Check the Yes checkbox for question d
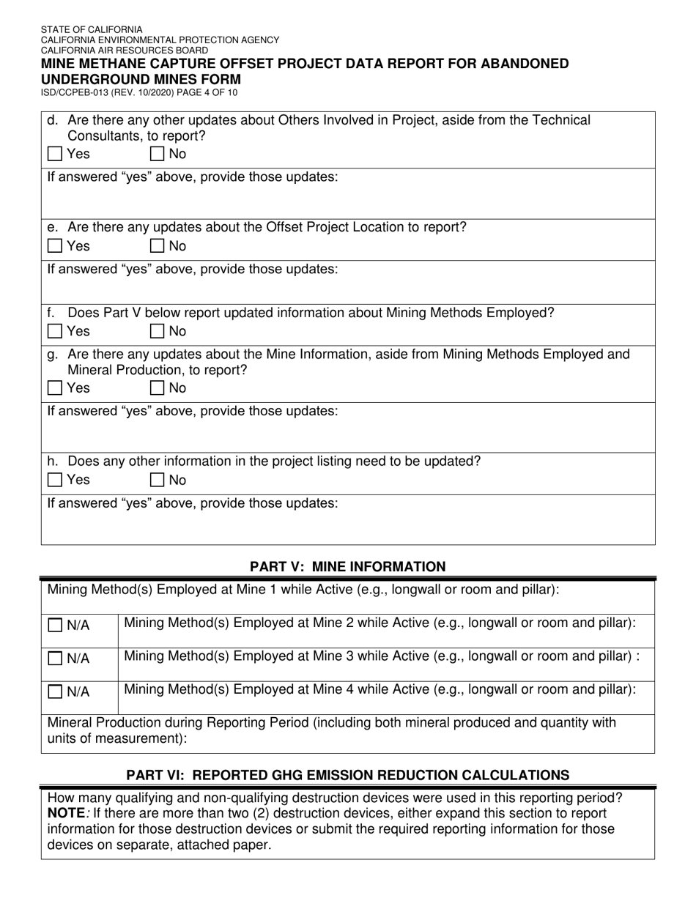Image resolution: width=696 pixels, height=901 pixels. point(54,155)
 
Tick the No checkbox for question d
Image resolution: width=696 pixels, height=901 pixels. point(158,155)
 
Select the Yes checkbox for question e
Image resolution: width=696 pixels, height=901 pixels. point(54,247)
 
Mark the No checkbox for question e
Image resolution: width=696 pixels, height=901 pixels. point(158,247)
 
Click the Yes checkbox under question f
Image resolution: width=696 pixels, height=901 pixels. point(54,332)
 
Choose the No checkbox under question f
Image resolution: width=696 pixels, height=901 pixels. point(158,332)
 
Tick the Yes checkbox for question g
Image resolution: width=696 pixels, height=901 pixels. point(54,388)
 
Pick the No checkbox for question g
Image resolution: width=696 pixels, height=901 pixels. point(158,388)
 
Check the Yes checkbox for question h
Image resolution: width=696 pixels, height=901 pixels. point(54,481)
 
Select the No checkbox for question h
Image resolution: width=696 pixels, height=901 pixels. point(158,481)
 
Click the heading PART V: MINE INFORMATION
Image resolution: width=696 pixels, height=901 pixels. point(347,566)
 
